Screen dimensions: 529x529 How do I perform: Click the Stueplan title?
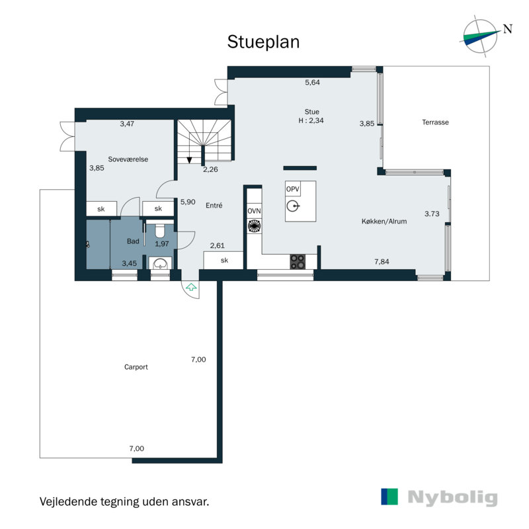click(263, 42)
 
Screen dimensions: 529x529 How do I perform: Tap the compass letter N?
click(507, 29)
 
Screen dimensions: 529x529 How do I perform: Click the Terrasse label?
click(435, 122)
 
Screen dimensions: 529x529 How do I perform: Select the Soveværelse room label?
click(128, 159)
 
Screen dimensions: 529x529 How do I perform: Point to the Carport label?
click(136, 367)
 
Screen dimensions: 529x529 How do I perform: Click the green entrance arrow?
click(191, 288)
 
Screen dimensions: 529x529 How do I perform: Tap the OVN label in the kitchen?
click(254, 211)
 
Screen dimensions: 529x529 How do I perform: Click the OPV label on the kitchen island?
click(292, 189)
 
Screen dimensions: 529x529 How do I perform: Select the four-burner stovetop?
click(298, 262)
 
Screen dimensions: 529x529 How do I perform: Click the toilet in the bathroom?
click(159, 229)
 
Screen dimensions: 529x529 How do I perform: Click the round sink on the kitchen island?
click(293, 206)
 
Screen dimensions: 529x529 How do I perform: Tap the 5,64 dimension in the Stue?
click(312, 82)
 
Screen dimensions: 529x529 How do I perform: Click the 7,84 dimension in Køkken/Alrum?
click(382, 261)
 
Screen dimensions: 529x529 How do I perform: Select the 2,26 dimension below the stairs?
click(210, 169)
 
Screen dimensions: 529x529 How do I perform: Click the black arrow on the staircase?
click(189, 160)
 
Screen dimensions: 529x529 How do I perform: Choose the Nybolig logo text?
click(452, 498)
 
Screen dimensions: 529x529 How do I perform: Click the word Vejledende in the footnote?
click(69, 502)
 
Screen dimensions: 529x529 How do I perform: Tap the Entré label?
click(214, 205)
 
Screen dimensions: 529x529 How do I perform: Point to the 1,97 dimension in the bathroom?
click(162, 243)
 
